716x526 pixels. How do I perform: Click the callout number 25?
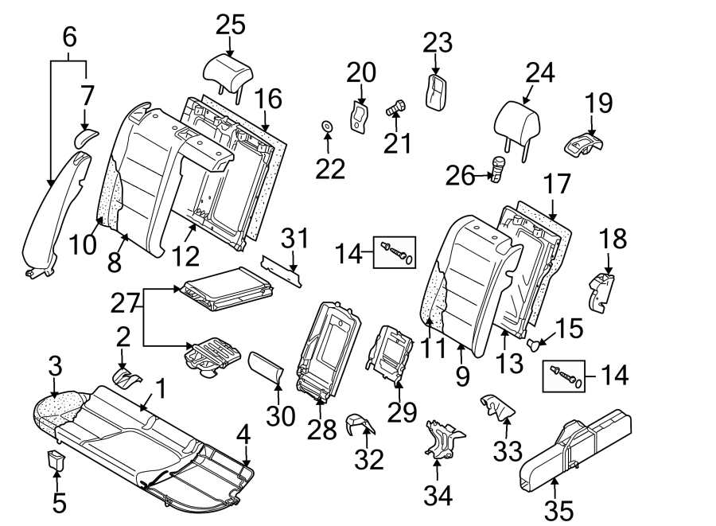tap(230, 25)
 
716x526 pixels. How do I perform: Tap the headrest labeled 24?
tap(518, 123)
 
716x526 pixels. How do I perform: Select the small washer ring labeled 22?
tap(327, 126)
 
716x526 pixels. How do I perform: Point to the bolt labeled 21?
tap(397, 107)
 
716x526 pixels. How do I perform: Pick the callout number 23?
tap(436, 43)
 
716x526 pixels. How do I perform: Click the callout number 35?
tap(558, 509)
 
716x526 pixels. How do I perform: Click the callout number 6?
tap(69, 36)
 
